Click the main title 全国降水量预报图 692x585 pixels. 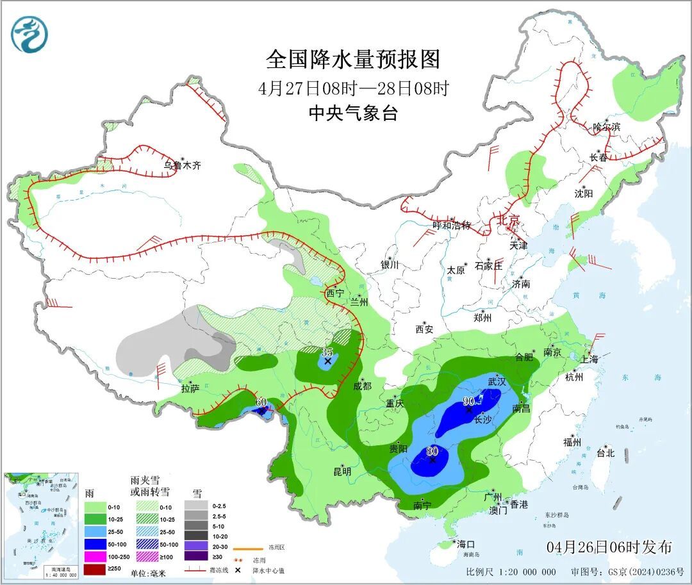[353, 60]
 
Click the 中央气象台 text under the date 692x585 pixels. [353, 113]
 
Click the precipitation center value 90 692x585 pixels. [468, 401]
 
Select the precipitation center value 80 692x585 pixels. [432, 450]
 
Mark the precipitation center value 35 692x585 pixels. [327, 352]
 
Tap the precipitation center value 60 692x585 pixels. [261, 402]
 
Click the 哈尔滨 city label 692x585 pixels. [606, 127]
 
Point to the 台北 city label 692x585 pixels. [605, 453]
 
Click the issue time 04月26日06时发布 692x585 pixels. [609, 547]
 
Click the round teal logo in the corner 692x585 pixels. [29, 34]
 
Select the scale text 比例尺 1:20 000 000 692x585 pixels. [511, 572]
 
